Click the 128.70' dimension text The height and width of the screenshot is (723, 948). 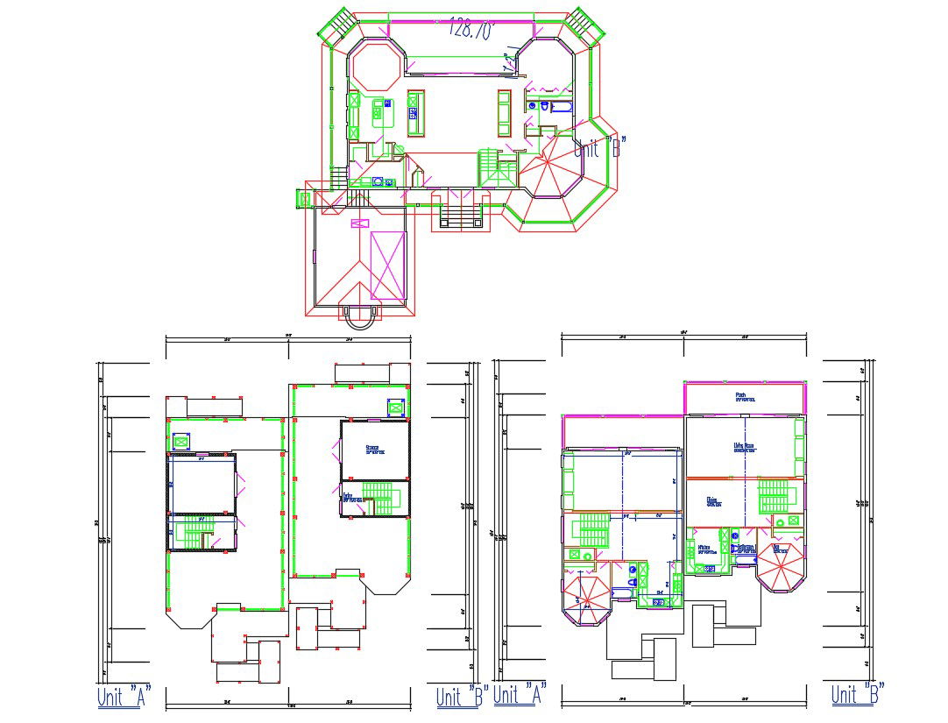(x=471, y=29)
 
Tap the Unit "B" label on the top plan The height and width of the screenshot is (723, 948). (x=599, y=147)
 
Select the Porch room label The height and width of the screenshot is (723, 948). (x=741, y=397)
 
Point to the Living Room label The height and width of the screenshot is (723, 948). (x=745, y=447)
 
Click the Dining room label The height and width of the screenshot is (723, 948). (x=713, y=502)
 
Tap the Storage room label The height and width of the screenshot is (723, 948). (x=374, y=450)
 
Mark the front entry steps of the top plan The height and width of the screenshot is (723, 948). (x=459, y=212)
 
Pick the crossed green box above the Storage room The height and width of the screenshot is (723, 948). (x=396, y=408)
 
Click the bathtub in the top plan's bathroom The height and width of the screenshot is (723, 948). (x=561, y=108)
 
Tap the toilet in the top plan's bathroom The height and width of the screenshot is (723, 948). (x=544, y=107)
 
